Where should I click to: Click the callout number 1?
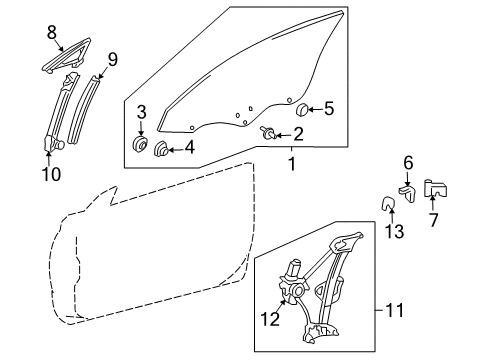pyautogui.click(x=292, y=161)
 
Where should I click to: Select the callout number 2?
pyautogui.click(x=298, y=132)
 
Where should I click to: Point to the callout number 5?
pyautogui.click(x=189, y=150)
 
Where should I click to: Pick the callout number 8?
pyautogui.click(x=329, y=109)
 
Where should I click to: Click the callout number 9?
pyautogui.click(x=408, y=162)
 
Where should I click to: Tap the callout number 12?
pyautogui.click(x=112, y=59)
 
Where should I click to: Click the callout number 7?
pyautogui.click(x=434, y=218)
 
